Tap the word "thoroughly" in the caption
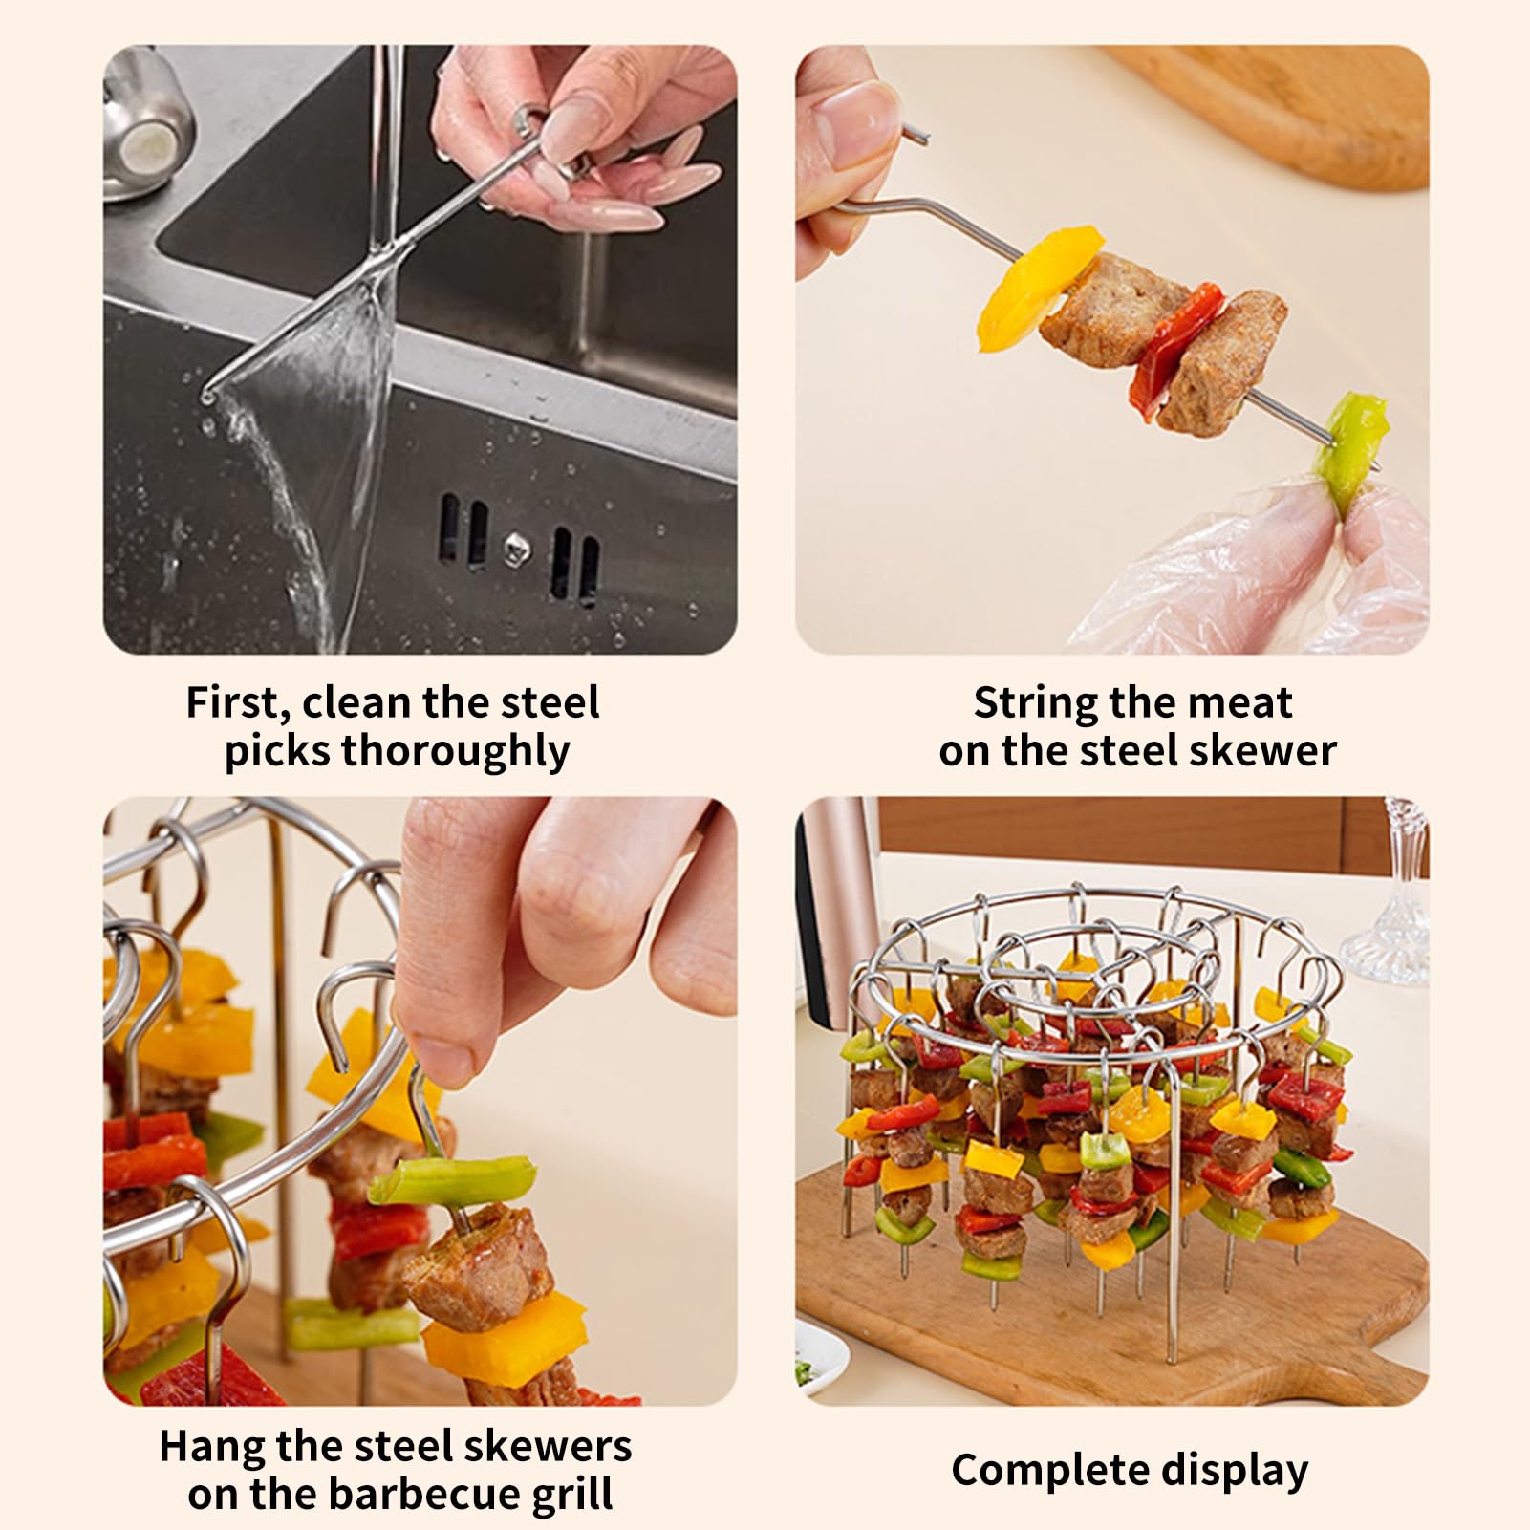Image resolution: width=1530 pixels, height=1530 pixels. coord(456,752)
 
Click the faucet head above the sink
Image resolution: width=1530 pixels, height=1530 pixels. coord(148,139)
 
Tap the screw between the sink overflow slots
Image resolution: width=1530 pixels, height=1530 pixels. coord(516,548)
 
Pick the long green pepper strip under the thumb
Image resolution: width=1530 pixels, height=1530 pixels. coord(454,1179)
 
